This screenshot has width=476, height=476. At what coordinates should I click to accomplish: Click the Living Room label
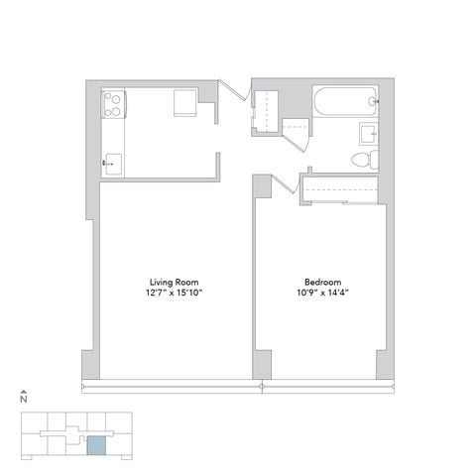click(175, 282)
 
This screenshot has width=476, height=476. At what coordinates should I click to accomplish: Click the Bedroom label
click(323, 282)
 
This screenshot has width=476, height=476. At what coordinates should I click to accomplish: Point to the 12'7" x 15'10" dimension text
click(175, 293)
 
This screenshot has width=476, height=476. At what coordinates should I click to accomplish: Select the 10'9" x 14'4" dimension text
click(323, 293)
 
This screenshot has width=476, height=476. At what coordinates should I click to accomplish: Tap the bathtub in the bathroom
click(345, 101)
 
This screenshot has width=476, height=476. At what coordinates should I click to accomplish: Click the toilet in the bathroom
click(365, 160)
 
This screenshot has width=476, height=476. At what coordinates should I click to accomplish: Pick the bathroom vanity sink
click(369, 134)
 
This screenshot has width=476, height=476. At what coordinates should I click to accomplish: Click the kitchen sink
click(113, 164)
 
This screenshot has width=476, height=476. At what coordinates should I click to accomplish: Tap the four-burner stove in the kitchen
click(113, 103)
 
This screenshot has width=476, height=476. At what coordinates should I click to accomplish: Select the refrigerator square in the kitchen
click(185, 102)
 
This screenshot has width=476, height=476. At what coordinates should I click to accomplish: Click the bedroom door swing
click(286, 183)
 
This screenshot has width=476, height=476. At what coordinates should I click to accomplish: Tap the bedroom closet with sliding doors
click(339, 189)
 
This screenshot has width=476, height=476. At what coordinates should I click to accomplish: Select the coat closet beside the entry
click(265, 112)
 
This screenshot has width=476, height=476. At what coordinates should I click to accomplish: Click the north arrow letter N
click(24, 400)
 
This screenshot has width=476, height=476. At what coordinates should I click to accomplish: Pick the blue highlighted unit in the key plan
click(96, 445)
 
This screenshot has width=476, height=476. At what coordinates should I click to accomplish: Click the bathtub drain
click(373, 101)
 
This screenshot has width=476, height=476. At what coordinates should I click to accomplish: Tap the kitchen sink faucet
click(107, 163)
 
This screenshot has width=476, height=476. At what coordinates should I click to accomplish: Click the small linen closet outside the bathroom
click(296, 127)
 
